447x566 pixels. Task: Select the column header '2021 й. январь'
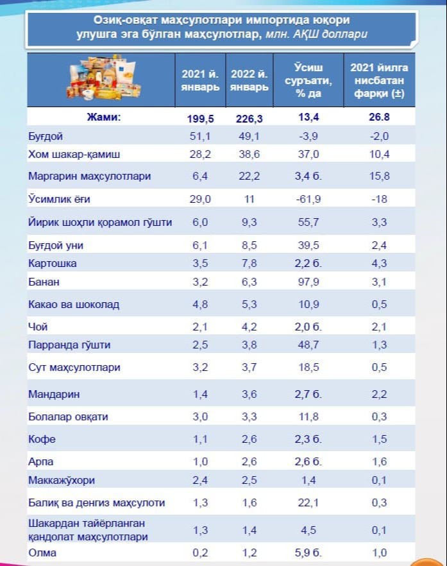199,81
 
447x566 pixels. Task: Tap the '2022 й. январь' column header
248,81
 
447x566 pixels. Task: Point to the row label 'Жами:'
103,117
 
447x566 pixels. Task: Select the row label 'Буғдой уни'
56,246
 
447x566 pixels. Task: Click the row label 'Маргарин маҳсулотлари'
89,176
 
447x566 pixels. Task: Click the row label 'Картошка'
53,264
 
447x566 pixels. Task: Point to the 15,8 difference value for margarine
380,176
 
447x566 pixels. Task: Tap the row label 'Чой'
38,327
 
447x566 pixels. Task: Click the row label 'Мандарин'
54,394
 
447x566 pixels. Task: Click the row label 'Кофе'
42,440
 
